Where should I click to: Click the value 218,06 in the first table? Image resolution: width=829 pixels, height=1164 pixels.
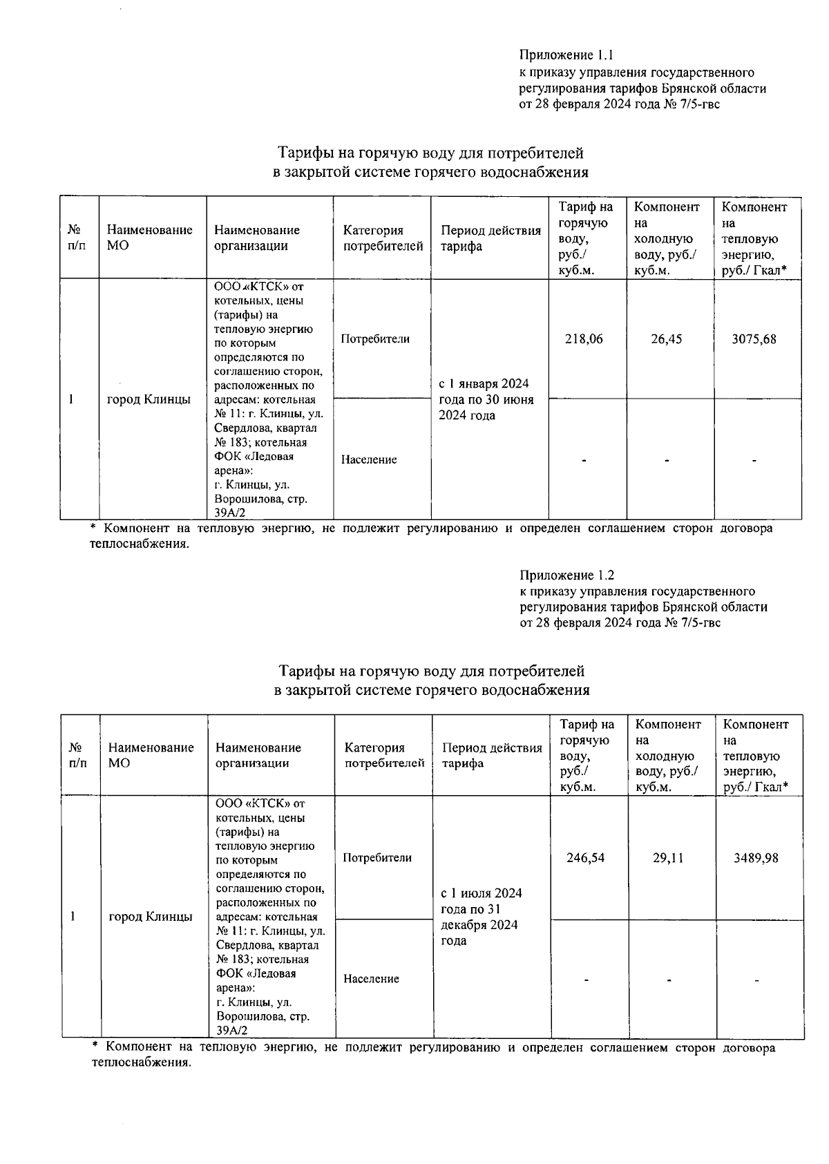coord(584,339)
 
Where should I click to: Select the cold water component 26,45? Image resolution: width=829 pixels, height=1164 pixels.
coord(666,339)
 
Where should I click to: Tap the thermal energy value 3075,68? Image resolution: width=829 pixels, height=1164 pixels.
coord(754,339)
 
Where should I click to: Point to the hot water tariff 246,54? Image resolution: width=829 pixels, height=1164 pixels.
coord(585,857)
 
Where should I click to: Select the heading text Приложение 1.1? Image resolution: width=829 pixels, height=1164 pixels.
coord(566,55)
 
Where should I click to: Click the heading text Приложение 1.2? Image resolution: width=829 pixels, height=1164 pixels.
coord(566,575)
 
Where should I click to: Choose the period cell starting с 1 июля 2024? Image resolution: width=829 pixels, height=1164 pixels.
coord(482,917)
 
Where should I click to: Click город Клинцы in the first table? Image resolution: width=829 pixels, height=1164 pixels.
coord(149,399)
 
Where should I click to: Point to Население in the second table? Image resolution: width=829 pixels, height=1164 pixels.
coord(371,978)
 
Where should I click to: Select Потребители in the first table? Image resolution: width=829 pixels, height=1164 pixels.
coord(375,339)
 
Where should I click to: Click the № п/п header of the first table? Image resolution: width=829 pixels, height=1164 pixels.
coord(77,238)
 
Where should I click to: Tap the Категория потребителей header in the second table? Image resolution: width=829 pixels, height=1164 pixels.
coord(384,755)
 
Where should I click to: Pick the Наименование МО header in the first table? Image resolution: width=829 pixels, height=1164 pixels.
coord(149,238)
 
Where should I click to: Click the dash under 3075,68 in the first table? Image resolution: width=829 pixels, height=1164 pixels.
coord(754,461)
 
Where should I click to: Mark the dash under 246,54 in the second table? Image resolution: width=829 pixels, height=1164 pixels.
coord(585,980)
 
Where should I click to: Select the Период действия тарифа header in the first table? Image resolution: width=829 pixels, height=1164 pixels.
coord(490,238)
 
